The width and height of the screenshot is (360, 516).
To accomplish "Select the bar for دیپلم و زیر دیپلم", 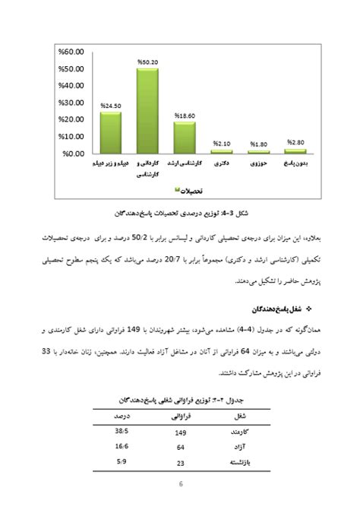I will (x=110, y=132).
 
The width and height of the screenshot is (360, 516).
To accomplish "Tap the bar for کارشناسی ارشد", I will (x=184, y=137).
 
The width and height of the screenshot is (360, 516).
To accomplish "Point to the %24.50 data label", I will (x=110, y=106).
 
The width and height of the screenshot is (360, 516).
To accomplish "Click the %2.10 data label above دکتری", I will (x=221, y=143).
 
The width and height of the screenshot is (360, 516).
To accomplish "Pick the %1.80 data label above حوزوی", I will (x=258, y=144).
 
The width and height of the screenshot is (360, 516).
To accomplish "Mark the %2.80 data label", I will (x=295, y=142).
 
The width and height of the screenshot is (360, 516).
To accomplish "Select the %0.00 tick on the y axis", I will (x=71, y=154).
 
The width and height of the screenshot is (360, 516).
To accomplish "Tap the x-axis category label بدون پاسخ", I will (x=295, y=163).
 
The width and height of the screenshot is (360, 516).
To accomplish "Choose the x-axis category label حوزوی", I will (x=258, y=163).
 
